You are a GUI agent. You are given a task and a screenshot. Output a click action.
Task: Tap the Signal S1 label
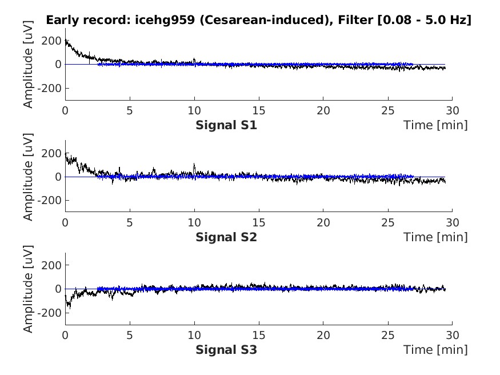(226, 125)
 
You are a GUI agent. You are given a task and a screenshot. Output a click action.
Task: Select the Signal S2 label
(226, 237)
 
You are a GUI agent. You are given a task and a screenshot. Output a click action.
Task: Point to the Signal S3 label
(226, 349)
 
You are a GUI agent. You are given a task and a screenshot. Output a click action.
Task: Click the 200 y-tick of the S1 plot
(52, 41)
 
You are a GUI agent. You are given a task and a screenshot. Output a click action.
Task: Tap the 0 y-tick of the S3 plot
(58, 289)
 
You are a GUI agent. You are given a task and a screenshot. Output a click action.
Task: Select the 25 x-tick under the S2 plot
(388, 222)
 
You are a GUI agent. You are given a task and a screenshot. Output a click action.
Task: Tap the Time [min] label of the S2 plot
(435, 237)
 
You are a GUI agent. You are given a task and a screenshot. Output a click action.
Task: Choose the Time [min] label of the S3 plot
(435, 349)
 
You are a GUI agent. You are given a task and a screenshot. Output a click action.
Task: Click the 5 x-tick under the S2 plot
(130, 222)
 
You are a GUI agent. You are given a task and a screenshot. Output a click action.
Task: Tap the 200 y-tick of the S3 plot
(52, 265)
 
